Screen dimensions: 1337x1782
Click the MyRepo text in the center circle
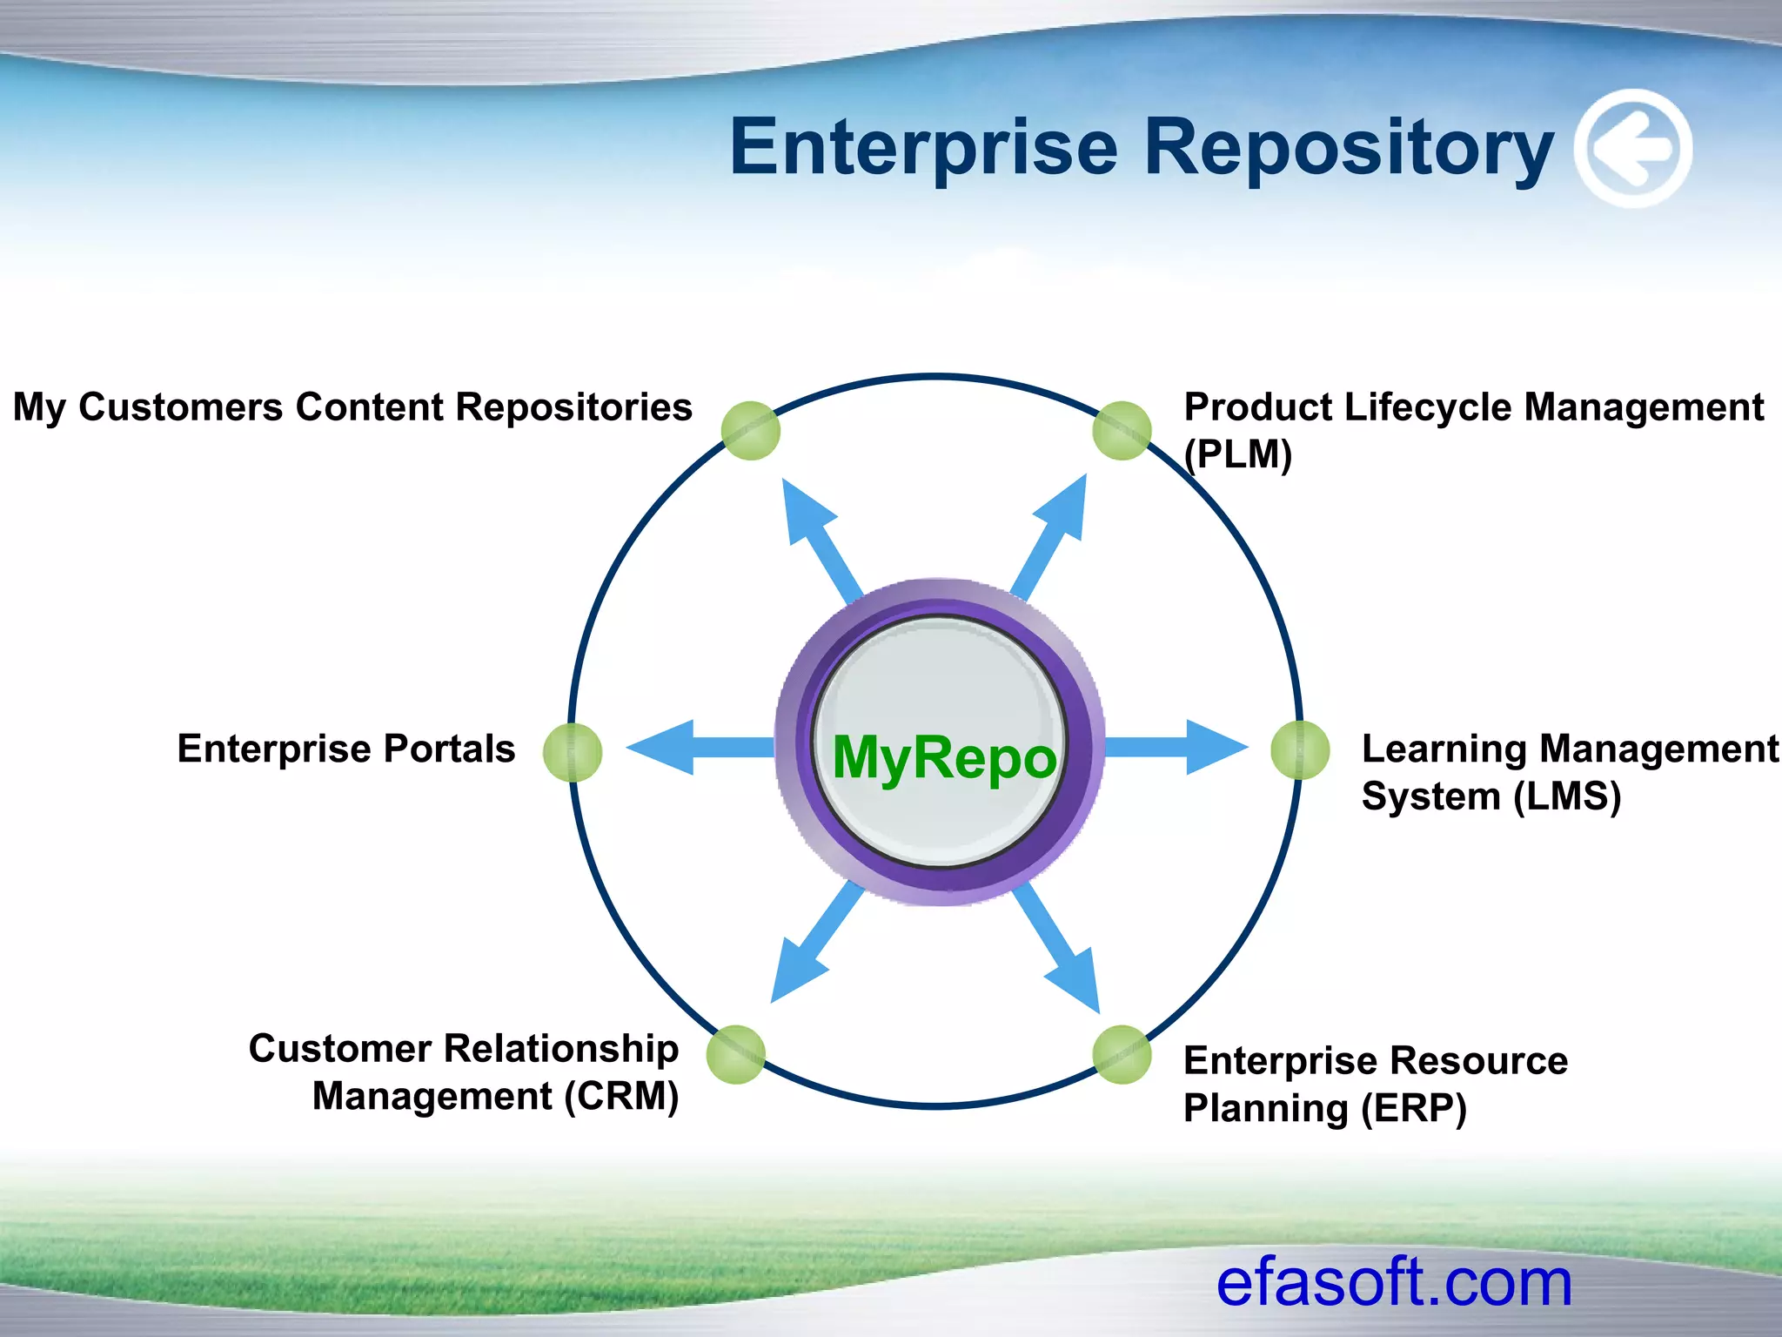tap(944, 757)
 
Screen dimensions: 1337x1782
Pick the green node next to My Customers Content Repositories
tap(751, 430)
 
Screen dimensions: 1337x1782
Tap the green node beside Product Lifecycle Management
tap(1122, 430)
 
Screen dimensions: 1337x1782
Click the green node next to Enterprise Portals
tap(573, 752)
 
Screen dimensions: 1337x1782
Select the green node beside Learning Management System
tap(1300, 750)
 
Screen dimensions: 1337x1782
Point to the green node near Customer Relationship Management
tap(736, 1054)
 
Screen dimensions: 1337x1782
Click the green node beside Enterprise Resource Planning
tap(1122, 1054)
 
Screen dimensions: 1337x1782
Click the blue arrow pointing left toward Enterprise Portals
tap(687, 747)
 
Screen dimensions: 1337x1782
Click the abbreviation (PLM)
tap(1238, 454)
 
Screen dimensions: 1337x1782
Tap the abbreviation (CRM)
tap(621, 1096)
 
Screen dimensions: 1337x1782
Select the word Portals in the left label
tap(449, 749)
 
